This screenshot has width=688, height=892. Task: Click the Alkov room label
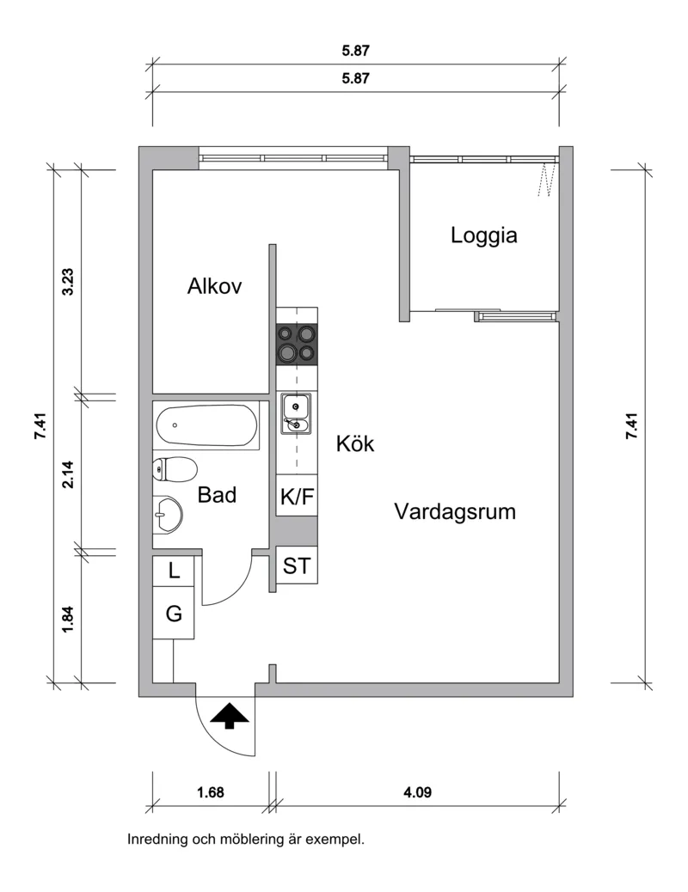(214, 285)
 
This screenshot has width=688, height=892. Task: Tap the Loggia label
(483, 235)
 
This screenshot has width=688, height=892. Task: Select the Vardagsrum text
(454, 511)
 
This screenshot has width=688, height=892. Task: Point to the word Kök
(355, 443)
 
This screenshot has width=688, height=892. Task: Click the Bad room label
(217, 495)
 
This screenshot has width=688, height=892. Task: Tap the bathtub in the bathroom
(206, 425)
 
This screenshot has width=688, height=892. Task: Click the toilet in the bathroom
(175, 468)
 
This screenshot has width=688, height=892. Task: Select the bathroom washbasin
(168, 514)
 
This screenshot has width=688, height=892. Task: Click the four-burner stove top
(297, 345)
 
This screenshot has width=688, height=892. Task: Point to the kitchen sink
(296, 413)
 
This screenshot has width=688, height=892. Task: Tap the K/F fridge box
(297, 496)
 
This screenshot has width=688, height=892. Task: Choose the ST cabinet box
(297, 565)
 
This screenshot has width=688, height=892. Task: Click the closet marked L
(174, 571)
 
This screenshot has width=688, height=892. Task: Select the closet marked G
(174, 613)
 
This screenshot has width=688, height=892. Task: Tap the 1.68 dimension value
(211, 791)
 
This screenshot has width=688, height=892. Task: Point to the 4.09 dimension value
(417, 791)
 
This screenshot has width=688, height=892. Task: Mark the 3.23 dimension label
(68, 282)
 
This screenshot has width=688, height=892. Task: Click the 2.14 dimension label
(68, 473)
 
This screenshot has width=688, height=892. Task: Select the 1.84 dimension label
(68, 620)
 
